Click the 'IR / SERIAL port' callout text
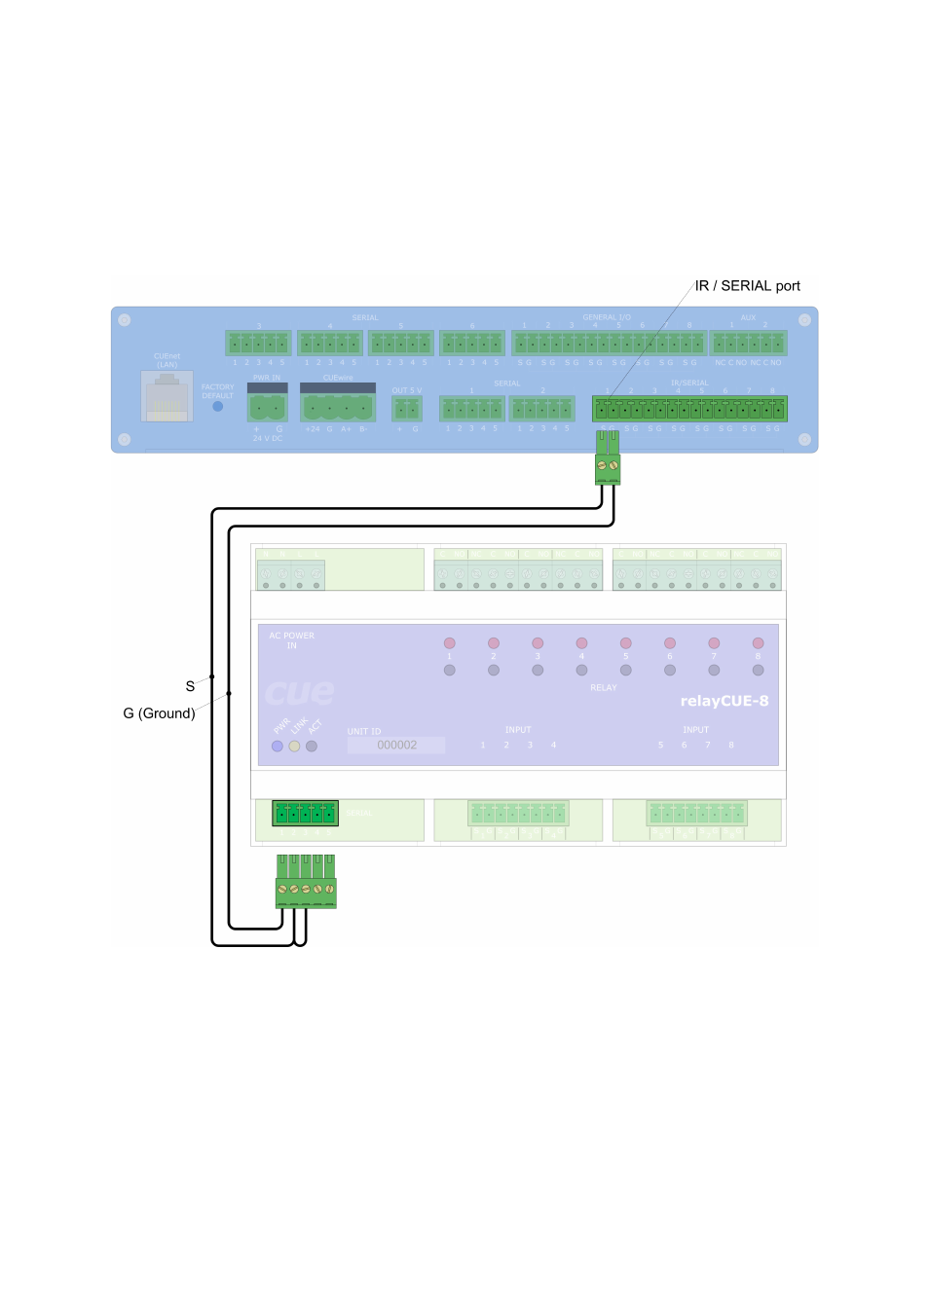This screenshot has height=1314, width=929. [x=747, y=286]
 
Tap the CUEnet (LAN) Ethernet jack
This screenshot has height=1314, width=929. [x=167, y=397]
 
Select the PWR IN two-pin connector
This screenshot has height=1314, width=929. [x=267, y=406]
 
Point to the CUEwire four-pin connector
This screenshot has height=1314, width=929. [x=338, y=406]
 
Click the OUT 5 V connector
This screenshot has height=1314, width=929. [x=406, y=408]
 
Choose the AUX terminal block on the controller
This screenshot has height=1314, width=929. [x=748, y=343]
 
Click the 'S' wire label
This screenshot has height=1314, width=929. [x=190, y=686]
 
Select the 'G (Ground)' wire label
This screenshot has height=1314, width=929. [x=159, y=713]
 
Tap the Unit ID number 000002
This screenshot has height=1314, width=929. [x=396, y=746]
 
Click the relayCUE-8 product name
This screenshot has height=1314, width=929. [x=724, y=701]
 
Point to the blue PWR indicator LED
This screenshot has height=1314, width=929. [x=278, y=747]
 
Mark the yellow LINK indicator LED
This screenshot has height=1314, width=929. [x=294, y=747]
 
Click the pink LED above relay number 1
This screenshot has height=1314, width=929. [x=449, y=643]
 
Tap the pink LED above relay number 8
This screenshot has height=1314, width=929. [x=758, y=643]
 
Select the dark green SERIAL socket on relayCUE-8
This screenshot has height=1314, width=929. [x=305, y=813]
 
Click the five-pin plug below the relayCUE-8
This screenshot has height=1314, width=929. [x=306, y=888]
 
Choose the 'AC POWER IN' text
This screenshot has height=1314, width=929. [x=291, y=640]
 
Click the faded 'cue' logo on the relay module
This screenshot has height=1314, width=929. [x=299, y=692]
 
